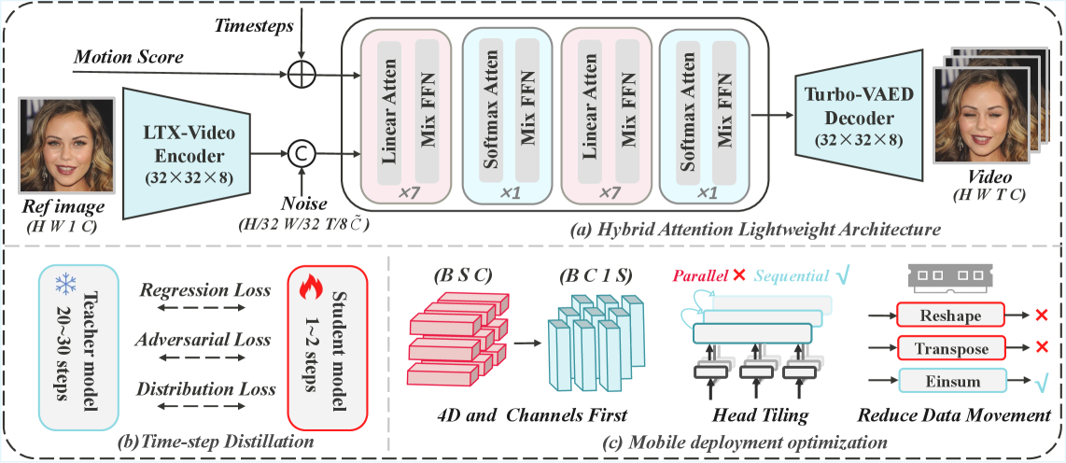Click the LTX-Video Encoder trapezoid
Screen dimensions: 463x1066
[187, 152]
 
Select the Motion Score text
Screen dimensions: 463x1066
[128, 58]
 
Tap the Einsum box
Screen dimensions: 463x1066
[952, 381]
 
